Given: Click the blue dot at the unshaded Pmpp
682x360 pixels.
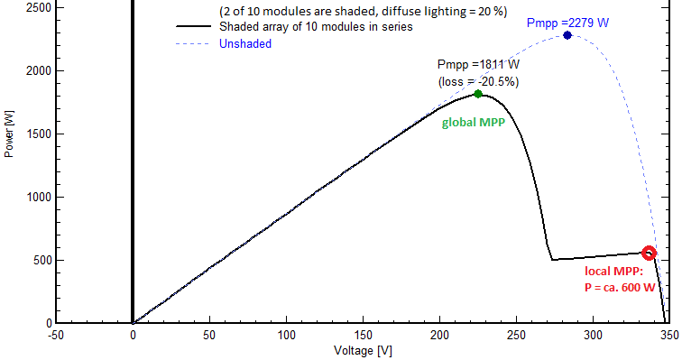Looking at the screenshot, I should [567, 35].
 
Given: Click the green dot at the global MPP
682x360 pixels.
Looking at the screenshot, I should [478, 94].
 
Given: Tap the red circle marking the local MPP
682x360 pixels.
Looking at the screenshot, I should [649, 254].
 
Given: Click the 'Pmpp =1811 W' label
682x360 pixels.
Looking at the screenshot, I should [478, 64].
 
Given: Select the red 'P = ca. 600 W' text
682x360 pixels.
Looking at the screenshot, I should [620, 287].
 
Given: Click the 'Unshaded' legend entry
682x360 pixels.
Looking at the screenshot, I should [244, 43].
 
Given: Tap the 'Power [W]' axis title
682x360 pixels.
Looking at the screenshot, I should [9, 134].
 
